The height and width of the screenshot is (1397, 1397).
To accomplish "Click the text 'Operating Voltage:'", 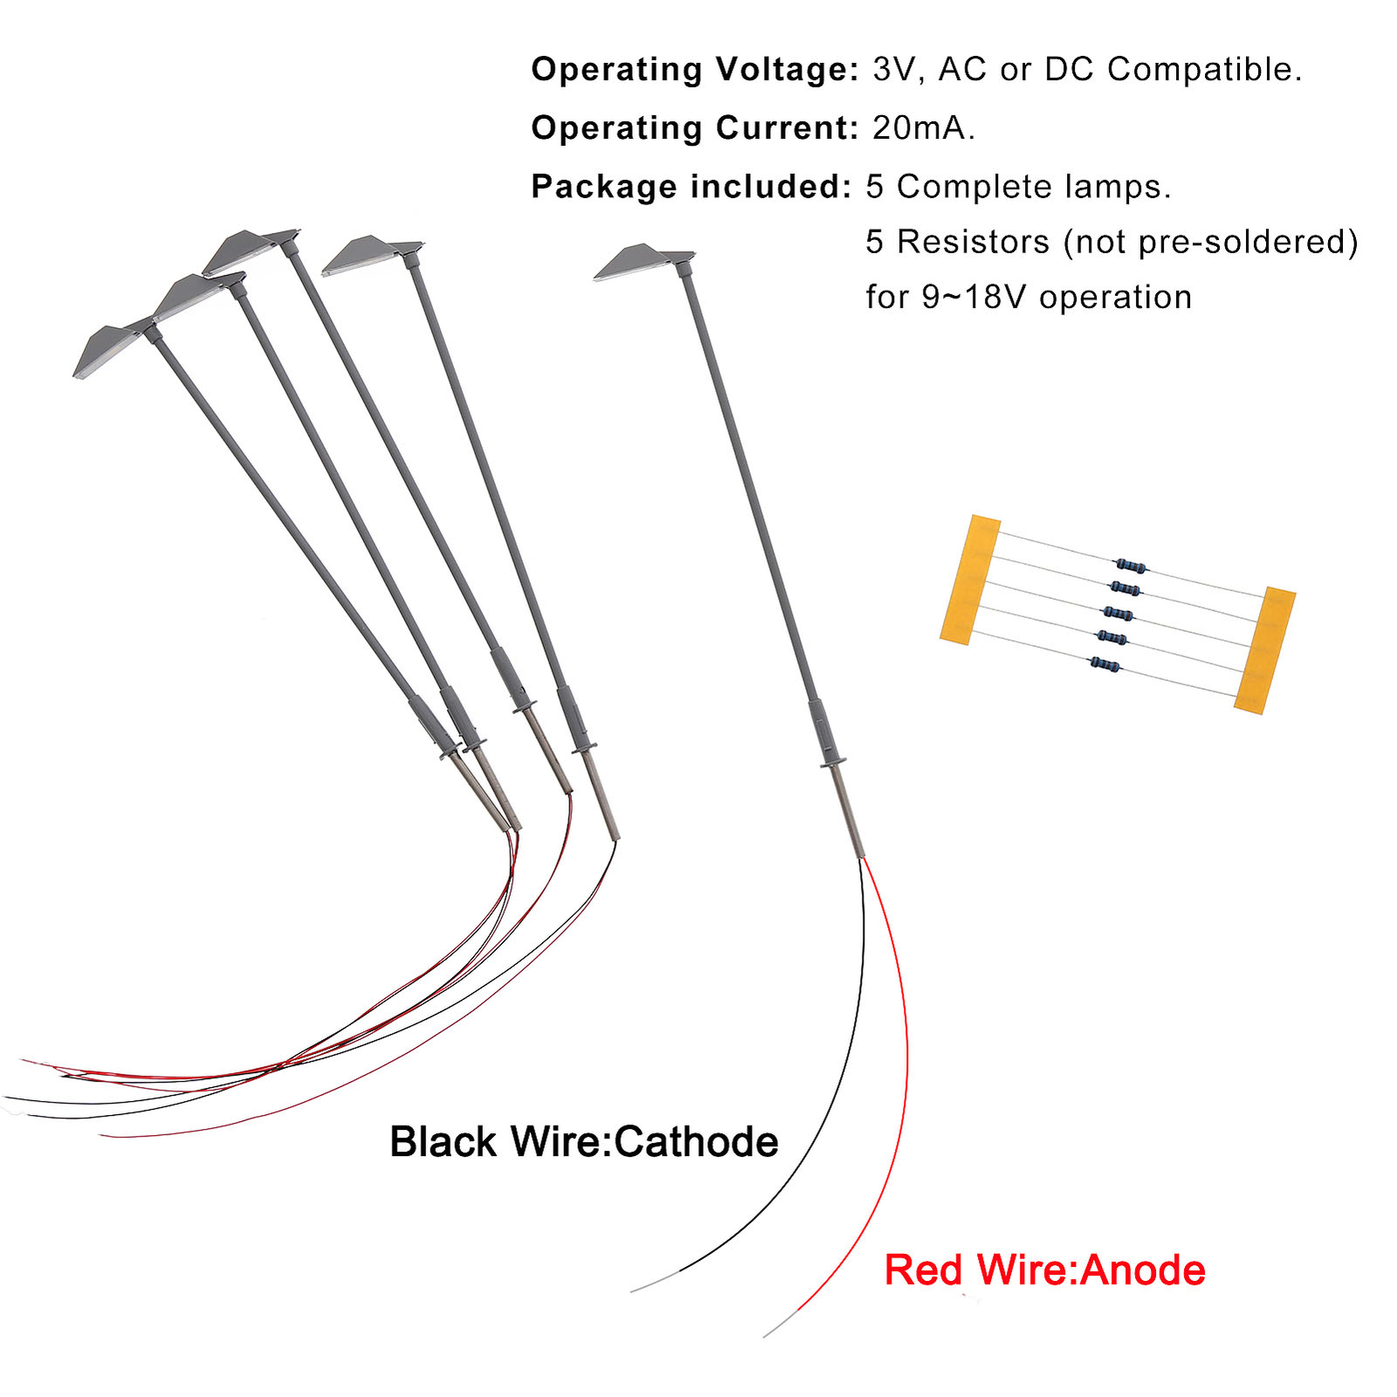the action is (695, 70).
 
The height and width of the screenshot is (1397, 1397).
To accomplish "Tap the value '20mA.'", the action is (923, 128).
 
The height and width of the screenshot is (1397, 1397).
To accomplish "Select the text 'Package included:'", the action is (691, 187).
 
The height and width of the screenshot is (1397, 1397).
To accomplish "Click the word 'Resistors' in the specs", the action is (973, 242).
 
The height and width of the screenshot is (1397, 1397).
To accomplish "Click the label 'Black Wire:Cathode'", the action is (583, 1142).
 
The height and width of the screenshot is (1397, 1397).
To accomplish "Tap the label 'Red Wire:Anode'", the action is (1044, 1270).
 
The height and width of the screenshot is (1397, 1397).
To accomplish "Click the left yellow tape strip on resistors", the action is (970, 580).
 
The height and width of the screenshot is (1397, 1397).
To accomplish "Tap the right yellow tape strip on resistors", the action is (1265, 650).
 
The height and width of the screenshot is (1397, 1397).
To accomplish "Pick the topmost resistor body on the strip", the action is (1131, 566).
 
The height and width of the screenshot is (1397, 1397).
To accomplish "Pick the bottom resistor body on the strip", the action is (1105, 665).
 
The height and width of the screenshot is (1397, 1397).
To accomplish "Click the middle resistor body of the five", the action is (1118, 614).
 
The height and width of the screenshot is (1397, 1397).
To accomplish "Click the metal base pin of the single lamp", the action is (847, 812).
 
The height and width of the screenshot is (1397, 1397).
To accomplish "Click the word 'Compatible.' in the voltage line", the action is (1204, 70).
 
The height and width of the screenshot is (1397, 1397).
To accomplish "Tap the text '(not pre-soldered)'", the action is (1210, 242).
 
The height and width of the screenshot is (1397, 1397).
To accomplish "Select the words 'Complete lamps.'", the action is (1034, 187).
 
